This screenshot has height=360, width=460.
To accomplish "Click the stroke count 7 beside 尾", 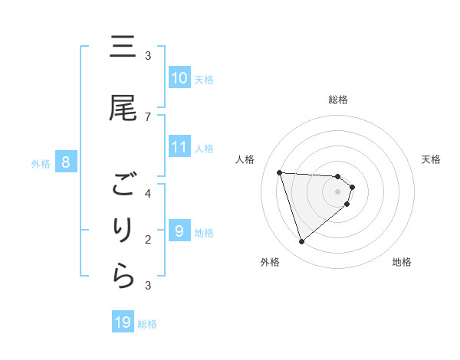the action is tap(148, 116).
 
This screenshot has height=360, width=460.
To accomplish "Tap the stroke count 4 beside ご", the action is tap(148, 193).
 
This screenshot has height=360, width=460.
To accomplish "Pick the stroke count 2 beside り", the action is tap(148, 240).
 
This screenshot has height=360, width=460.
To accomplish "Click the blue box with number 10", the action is tap(179, 78).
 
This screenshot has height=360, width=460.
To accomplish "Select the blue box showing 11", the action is tap(179, 147).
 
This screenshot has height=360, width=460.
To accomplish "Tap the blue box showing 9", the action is tap(179, 231).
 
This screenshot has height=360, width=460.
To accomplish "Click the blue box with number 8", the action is tap(66, 162).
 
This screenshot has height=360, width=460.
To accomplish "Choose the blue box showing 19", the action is tap(123, 322).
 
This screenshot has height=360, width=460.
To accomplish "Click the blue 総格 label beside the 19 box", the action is tap(147, 324).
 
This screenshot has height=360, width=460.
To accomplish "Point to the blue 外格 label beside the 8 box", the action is tap(41, 163).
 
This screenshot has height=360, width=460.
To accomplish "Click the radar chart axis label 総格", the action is tap(338, 100).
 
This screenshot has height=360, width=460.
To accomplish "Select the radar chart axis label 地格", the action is tap(402, 262).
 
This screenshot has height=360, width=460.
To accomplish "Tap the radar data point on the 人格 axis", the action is tap(280, 172).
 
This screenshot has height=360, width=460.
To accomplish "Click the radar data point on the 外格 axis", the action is tap(301, 242).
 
